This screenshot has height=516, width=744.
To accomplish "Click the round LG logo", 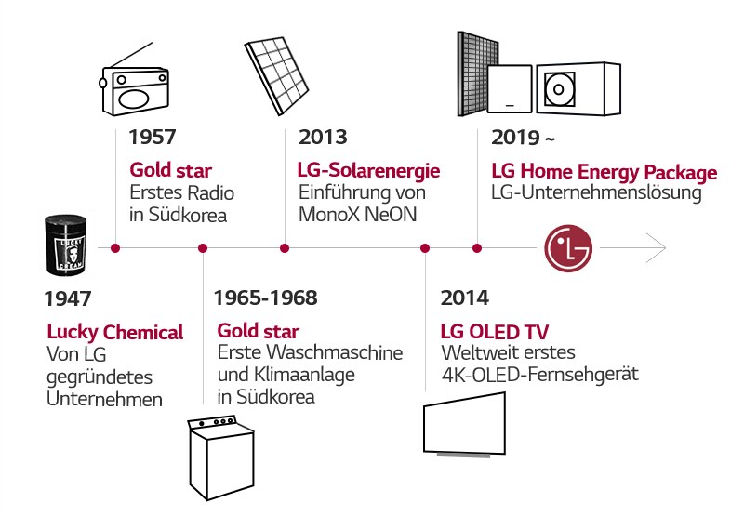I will [567, 248].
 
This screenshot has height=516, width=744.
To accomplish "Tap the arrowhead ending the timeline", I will [658, 248].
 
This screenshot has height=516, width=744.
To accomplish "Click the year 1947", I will [68, 299].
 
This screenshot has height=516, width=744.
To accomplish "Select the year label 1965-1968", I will [265, 299].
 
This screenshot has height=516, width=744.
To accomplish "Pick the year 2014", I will [464, 299].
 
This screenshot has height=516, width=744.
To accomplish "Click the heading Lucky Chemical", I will [115, 332].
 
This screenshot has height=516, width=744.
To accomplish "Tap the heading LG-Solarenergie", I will [368, 171].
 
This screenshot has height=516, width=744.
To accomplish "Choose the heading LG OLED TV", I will [495, 332].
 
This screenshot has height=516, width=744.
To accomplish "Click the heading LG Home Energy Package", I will [604, 173].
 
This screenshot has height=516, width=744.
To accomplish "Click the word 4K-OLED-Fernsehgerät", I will [540, 375].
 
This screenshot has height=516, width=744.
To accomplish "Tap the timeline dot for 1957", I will [115, 248].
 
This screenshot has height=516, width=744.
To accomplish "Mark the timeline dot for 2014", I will [425, 248].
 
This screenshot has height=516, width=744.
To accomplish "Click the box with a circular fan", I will [578, 91].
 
